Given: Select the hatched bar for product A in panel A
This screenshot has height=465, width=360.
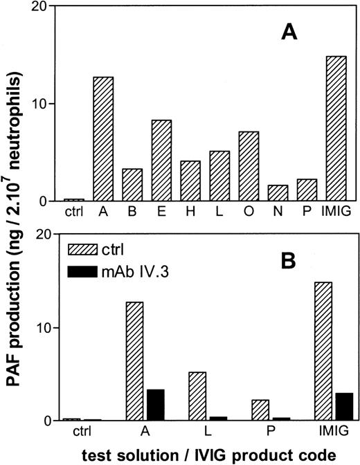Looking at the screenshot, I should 103,139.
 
